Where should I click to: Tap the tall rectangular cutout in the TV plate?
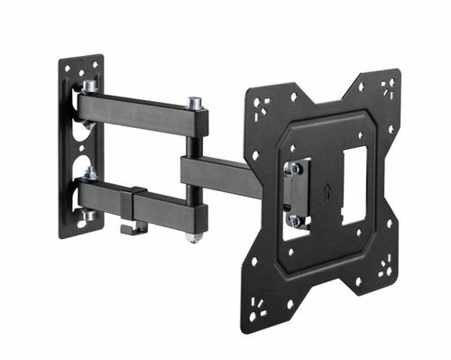(x=354, y=186)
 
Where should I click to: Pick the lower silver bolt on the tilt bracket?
(x=293, y=219)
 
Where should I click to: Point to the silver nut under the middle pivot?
(x=194, y=237)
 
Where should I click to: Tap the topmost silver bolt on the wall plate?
(x=90, y=88)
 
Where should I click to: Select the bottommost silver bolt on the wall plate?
(x=88, y=215)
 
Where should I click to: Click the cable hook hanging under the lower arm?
(x=128, y=228)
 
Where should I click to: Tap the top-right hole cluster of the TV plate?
(x=387, y=88)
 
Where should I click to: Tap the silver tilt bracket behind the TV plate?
(x=295, y=193)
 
